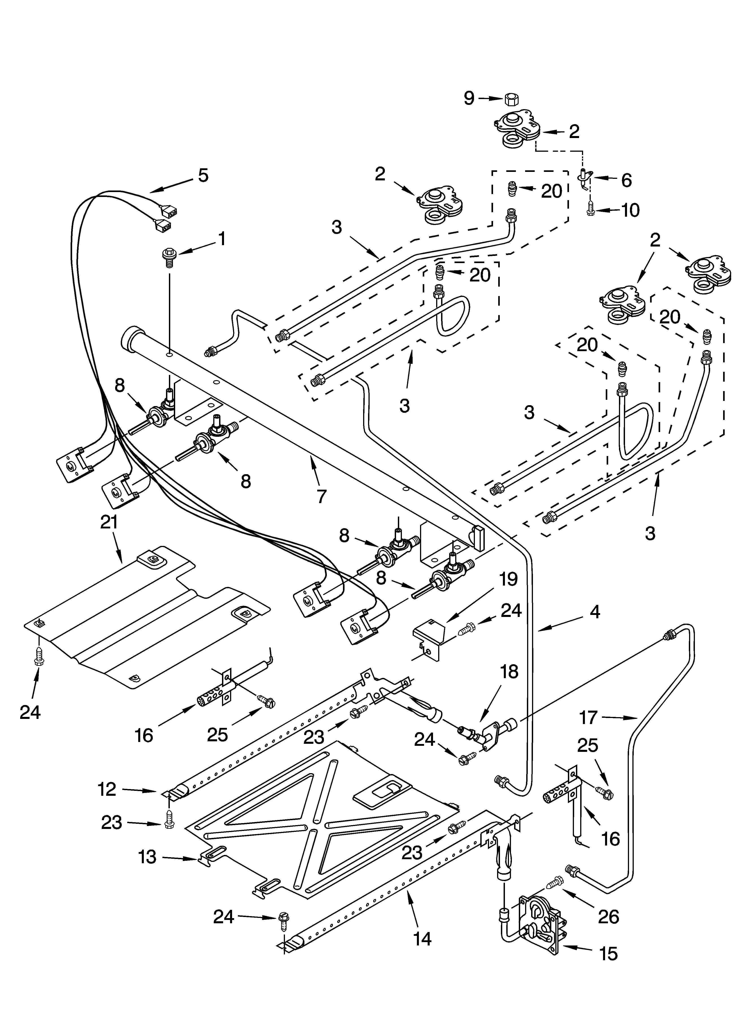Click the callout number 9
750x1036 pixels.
(469, 98)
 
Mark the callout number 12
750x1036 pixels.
(107, 789)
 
